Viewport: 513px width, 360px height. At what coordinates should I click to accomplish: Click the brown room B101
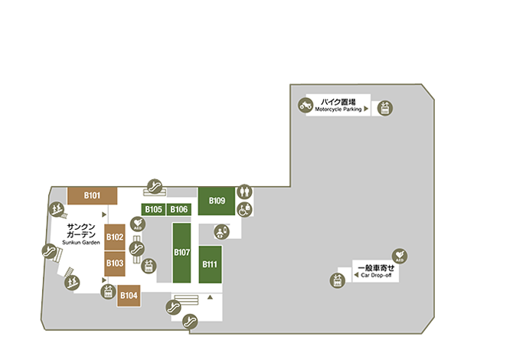click(92, 196)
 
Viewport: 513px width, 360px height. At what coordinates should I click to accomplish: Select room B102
click(115, 237)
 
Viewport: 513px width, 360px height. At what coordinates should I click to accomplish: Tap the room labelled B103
click(115, 263)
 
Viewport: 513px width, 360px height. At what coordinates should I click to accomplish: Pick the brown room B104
click(129, 296)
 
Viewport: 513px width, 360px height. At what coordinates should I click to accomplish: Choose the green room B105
click(153, 209)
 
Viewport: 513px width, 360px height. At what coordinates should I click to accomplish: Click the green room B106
click(179, 209)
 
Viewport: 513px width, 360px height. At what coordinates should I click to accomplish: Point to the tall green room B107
click(182, 253)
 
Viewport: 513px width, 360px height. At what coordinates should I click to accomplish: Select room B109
click(217, 201)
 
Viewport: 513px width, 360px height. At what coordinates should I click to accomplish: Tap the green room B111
click(210, 264)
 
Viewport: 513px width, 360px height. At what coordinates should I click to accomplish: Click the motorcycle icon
click(306, 106)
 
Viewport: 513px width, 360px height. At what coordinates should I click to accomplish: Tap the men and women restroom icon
click(244, 191)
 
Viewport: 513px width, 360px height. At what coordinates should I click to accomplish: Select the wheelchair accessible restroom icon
click(245, 209)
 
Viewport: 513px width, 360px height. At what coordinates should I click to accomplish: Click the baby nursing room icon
click(222, 232)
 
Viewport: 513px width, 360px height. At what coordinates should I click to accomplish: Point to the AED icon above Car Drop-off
click(400, 256)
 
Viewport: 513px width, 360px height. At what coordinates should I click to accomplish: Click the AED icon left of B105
click(138, 224)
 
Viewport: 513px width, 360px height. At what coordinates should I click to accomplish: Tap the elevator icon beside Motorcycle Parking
click(385, 108)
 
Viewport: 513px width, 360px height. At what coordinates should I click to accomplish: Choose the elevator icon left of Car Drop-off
click(338, 281)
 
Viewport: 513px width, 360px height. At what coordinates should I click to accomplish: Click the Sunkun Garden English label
click(81, 243)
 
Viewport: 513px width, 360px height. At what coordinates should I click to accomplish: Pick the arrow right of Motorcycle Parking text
click(366, 109)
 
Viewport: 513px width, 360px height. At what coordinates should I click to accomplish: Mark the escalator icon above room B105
click(155, 187)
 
